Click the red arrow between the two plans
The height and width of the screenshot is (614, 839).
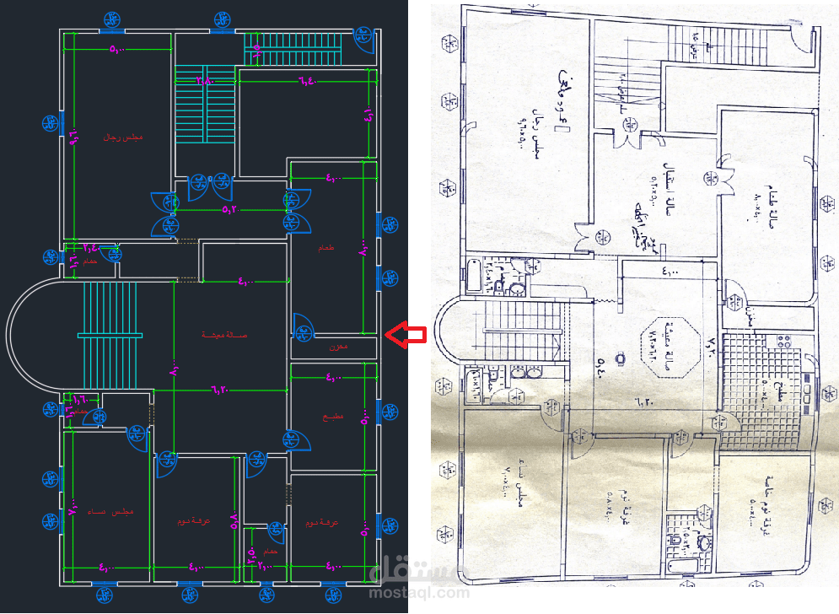pos(406,335)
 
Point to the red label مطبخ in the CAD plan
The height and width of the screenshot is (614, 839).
pos(331,417)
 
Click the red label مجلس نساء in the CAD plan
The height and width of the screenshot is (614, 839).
pos(110,512)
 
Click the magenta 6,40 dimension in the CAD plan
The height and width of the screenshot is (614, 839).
pos(305,81)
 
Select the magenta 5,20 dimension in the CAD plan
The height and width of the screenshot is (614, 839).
pos(230,209)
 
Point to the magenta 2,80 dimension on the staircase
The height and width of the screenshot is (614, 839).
pos(205,81)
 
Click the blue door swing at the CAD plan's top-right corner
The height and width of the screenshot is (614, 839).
pos(364,42)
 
